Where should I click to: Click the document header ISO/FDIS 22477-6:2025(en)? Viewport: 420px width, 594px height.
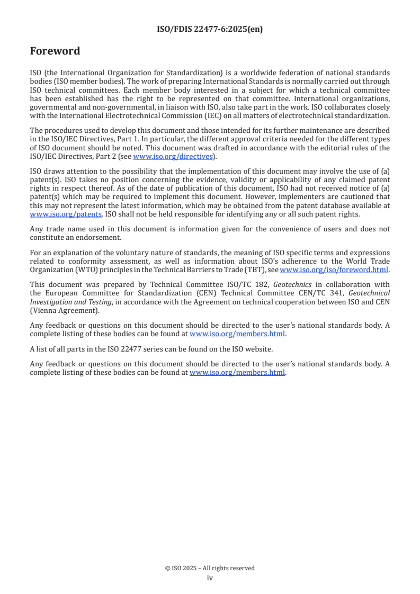click(x=210, y=30)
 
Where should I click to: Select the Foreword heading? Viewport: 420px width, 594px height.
click(x=55, y=51)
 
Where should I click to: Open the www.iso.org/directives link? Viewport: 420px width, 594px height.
click(x=172, y=156)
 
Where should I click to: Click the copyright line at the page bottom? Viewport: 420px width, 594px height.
click(x=210, y=568)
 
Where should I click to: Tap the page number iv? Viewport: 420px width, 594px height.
click(x=210, y=578)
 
